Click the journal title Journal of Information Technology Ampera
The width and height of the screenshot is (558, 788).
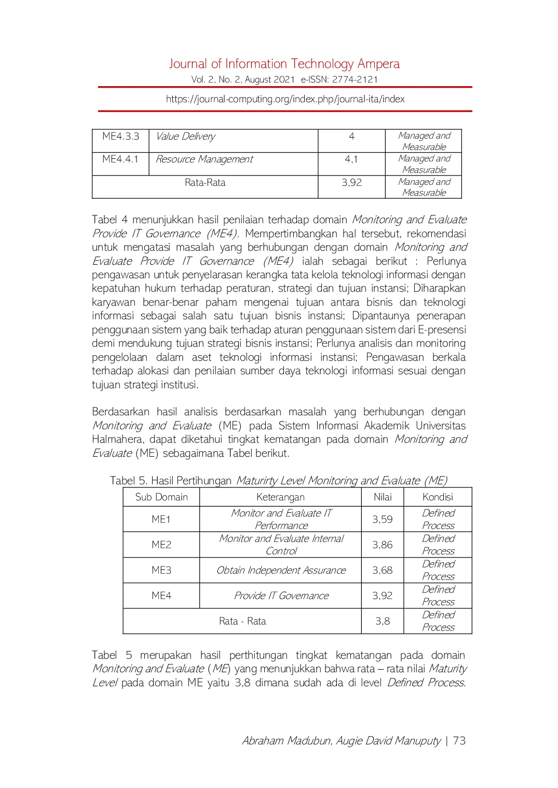[284, 64]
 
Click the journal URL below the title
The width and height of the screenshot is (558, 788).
[285, 99]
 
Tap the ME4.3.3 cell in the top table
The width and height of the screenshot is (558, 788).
[120, 137]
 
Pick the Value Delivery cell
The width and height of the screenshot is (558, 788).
[185, 137]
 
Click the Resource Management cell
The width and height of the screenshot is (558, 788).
[204, 159]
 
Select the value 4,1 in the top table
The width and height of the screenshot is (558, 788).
[351, 159]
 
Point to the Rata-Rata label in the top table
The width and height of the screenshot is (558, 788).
[205, 183]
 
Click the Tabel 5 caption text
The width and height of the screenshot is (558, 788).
[278, 480]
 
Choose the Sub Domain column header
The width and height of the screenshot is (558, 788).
[161, 497]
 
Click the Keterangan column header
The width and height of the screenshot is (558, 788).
[280, 497]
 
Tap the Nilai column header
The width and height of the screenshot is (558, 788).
[383, 497]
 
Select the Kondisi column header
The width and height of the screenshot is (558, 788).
[438, 497]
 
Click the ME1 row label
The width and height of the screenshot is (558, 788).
[161, 519]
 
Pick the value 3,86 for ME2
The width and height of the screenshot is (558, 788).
[383, 545]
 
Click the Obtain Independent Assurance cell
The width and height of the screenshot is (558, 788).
[281, 570]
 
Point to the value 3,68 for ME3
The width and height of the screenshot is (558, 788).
[383, 570]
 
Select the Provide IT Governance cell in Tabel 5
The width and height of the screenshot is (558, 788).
[281, 595]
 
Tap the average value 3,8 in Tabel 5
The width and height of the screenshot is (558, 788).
[383, 621]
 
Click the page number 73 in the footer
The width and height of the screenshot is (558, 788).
[459, 741]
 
